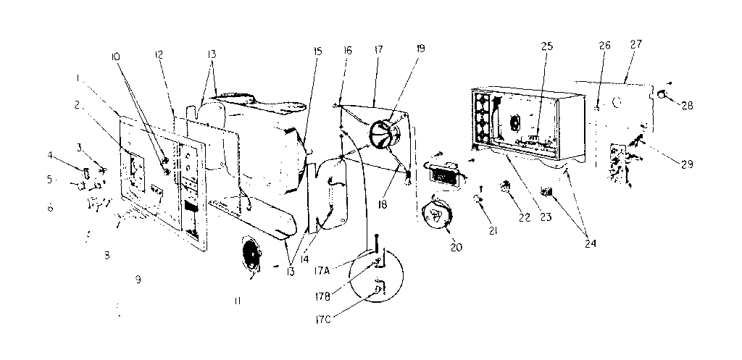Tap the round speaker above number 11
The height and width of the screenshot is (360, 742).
point(250,258)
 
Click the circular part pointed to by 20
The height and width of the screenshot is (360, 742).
point(436,215)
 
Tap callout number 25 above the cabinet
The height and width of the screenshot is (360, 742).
point(546,47)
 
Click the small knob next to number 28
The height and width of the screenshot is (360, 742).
point(662,93)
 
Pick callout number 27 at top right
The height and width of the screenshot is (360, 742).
point(635,44)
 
